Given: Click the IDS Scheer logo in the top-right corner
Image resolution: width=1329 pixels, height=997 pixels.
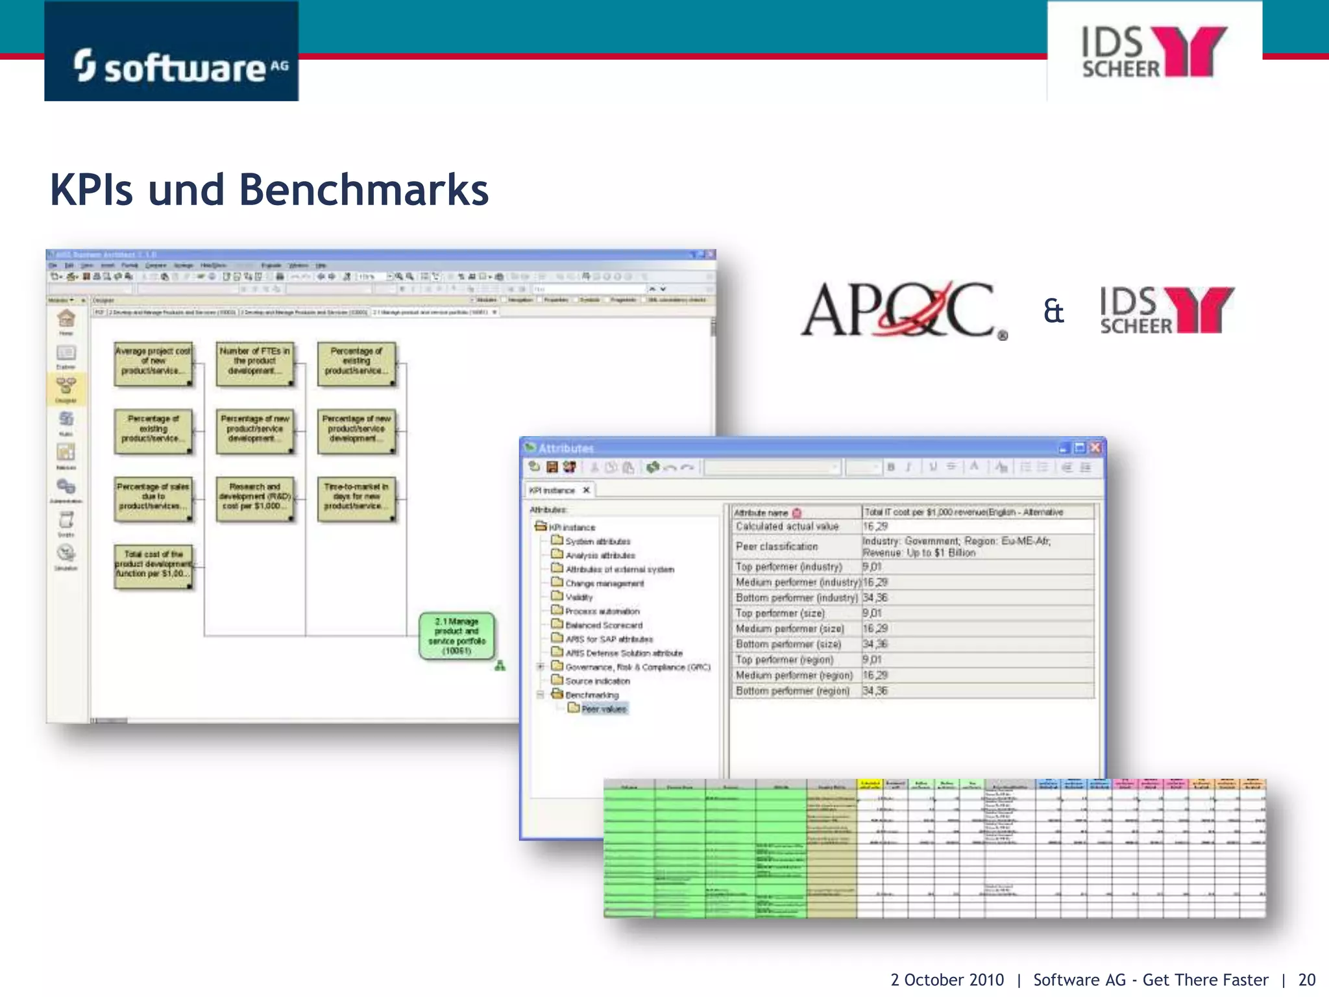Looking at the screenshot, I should (x=1154, y=52).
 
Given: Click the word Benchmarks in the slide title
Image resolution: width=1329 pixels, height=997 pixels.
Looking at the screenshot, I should (x=363, y=190).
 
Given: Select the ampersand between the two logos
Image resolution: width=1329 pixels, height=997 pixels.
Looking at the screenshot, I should (x=1053, y=311).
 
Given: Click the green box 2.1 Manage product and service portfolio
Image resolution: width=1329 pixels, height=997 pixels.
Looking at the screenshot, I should (x=457, y=636).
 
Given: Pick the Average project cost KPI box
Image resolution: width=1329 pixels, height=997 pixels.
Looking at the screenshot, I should (x=153, y=363).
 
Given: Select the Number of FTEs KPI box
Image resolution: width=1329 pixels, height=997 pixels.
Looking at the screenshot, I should (x=254, y=363).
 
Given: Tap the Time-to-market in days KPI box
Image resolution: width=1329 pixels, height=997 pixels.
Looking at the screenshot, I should (x=356, y=499).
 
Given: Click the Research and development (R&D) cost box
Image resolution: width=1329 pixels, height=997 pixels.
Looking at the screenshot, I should (x=254, y=499).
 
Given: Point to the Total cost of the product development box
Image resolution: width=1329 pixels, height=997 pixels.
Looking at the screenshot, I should (x=153, y=567).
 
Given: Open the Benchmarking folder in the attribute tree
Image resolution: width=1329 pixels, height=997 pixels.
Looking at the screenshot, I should (x=591, y=695).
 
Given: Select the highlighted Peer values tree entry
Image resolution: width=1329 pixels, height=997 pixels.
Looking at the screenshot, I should (x=604, y=709).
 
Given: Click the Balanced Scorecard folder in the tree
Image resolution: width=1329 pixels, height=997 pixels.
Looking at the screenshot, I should (x=603, y=625).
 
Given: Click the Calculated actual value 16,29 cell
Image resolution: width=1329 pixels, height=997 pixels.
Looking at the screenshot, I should (x=875, y=526).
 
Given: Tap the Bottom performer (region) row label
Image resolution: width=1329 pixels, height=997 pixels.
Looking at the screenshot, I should (x=792, y=691).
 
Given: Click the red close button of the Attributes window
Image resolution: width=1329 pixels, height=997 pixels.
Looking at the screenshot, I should (x=1095, y=448).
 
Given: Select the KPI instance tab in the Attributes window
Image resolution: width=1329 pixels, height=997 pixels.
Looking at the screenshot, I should (x=552, y=490).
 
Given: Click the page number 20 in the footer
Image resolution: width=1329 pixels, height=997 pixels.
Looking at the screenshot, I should (x=1306, y=979).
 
